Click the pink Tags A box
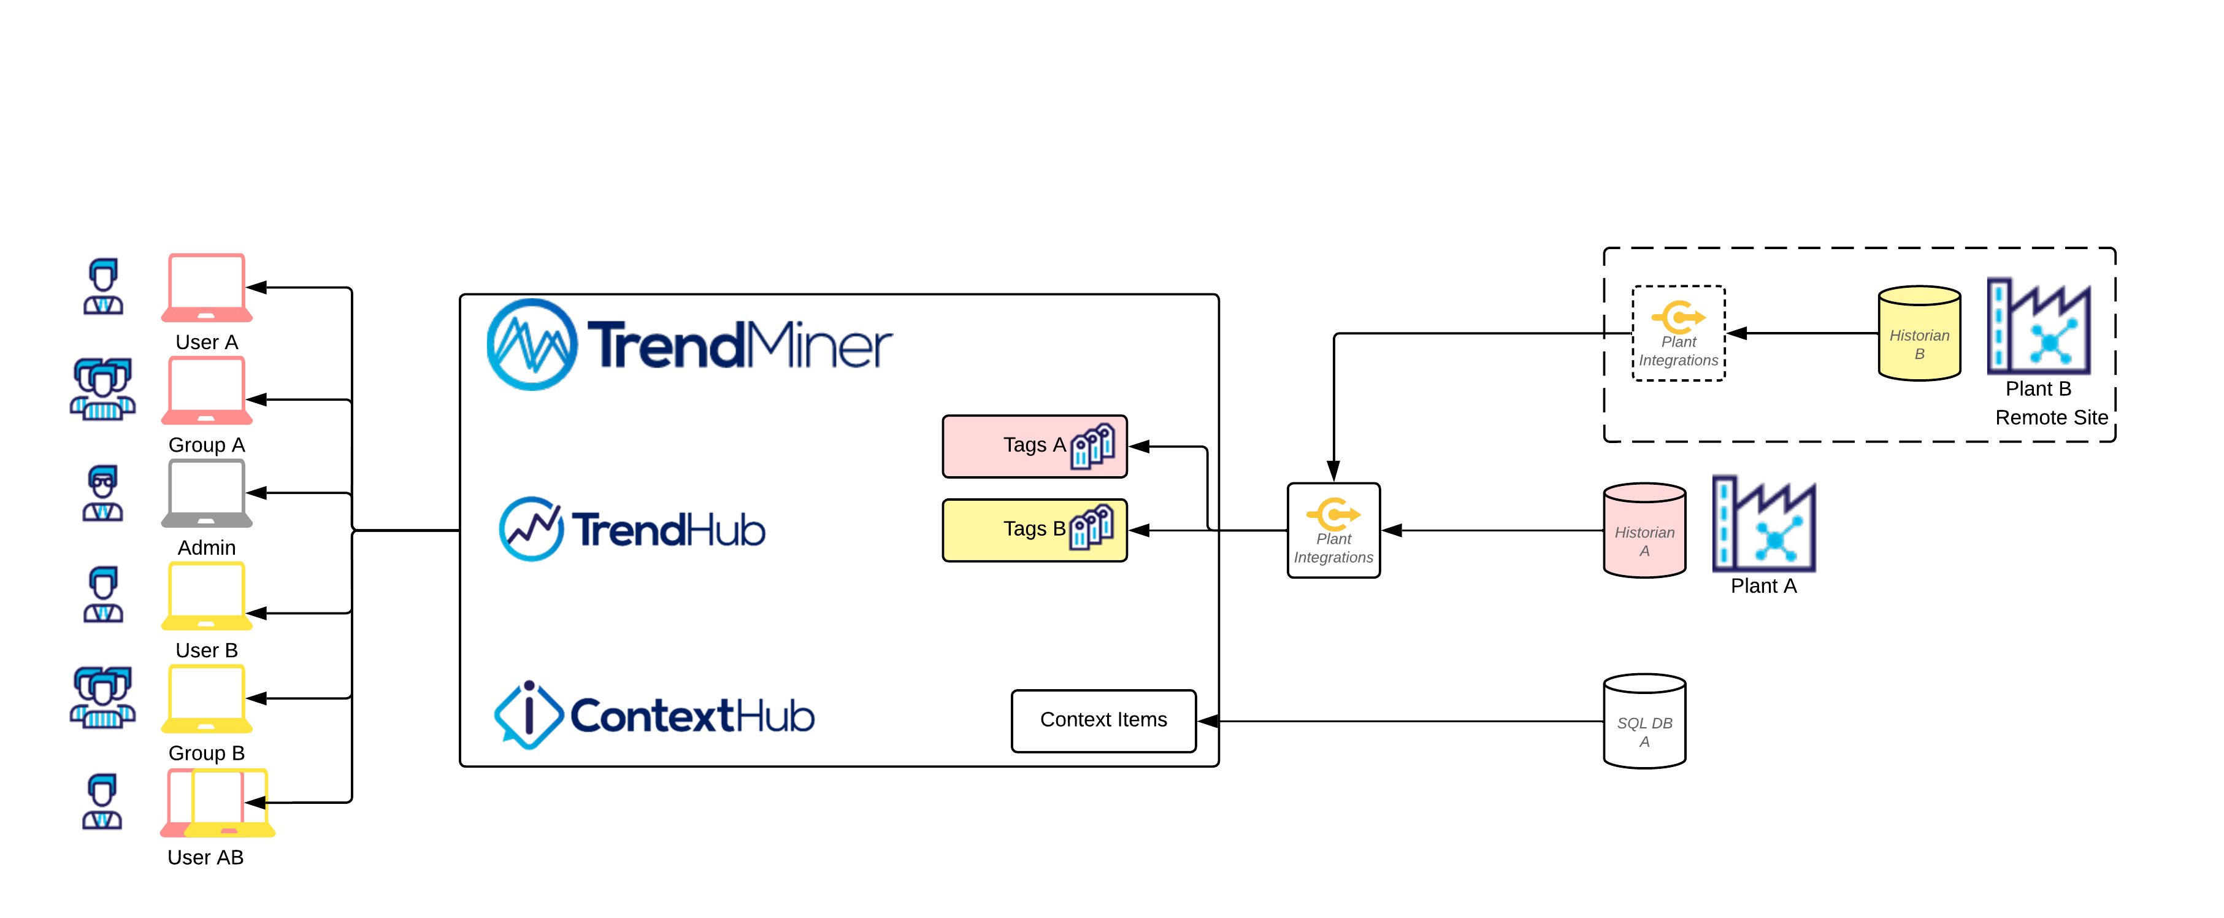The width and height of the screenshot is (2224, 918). click(1033, 445)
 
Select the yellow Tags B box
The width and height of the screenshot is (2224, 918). click(1033, 530)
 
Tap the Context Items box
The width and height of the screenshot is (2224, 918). click(1103, 720)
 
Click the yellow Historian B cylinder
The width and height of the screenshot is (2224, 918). click(1919, 334)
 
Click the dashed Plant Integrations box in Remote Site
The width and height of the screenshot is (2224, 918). click(1678, 333)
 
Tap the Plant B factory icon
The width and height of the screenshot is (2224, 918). click(2038, 326)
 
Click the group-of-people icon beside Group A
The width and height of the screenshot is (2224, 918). click(103, 390)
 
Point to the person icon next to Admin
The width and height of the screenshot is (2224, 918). click(103, 493)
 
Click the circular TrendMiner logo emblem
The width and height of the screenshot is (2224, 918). click(532, 345)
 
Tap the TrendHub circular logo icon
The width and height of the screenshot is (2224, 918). click(531, 528)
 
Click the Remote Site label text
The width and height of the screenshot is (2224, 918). click(2050, 418)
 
